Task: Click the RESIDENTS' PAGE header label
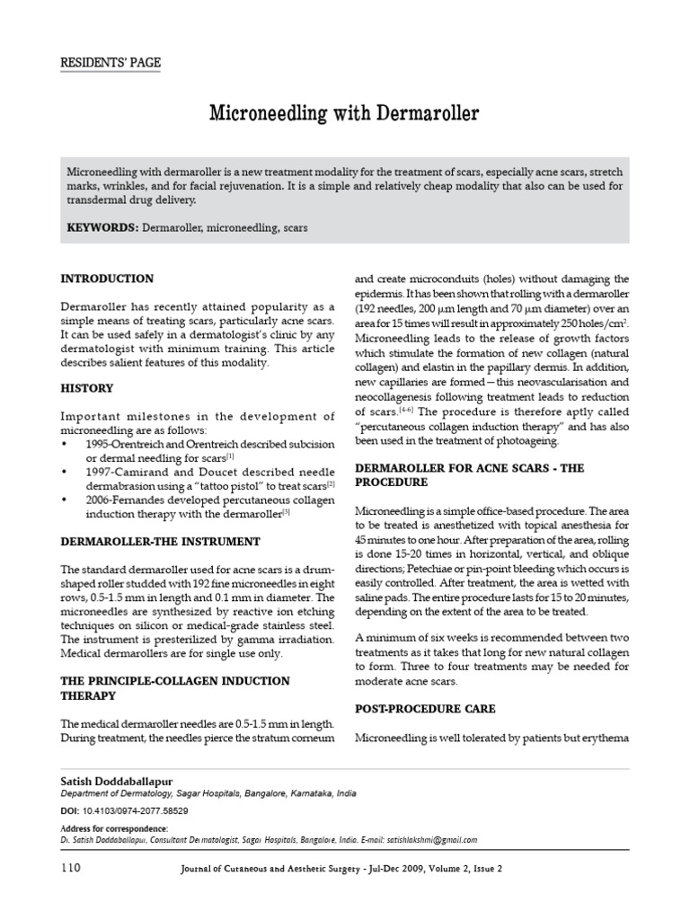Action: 111,62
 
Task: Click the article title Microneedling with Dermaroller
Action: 344,114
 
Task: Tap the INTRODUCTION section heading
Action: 107,279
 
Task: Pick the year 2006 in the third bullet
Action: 102,500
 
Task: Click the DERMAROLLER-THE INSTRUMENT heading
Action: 160,542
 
